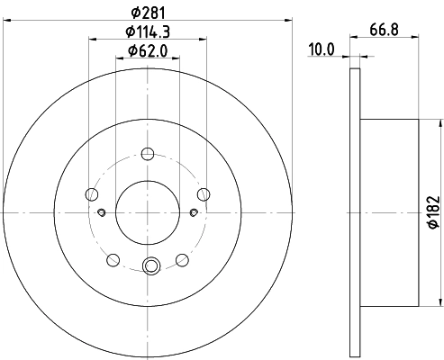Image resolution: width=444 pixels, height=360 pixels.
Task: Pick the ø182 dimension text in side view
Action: click(x=433, y=211)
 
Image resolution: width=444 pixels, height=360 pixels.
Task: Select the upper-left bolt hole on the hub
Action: click(x=91, y=193)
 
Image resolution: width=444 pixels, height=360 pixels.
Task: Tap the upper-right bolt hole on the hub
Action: click(x=204, y=193)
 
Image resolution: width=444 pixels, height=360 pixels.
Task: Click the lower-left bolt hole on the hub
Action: click(x=113, y=260)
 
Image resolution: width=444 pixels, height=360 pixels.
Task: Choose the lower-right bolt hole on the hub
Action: click(x=183, y=260)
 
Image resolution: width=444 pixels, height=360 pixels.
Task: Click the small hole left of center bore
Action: click(x=102, y=212)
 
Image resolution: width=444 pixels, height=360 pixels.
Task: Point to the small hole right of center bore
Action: click(x=195, y=212)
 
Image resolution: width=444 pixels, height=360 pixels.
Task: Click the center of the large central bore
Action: click(x=148, y=212)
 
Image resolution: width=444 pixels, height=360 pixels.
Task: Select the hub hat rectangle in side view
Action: click(x=388, y=211)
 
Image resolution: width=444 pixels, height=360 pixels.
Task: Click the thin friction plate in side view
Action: click(x=355, y=211)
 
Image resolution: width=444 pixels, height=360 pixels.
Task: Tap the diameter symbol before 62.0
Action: click(x=131, y=50)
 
